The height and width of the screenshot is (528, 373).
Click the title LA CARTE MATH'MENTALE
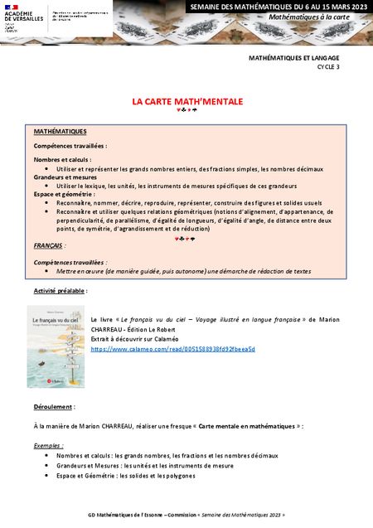coord(186,101)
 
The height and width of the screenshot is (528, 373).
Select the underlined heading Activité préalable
coord(60,291)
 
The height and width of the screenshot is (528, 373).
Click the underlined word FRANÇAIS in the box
coord(50,246)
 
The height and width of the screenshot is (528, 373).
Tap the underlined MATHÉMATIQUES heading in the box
coord(60,131)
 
